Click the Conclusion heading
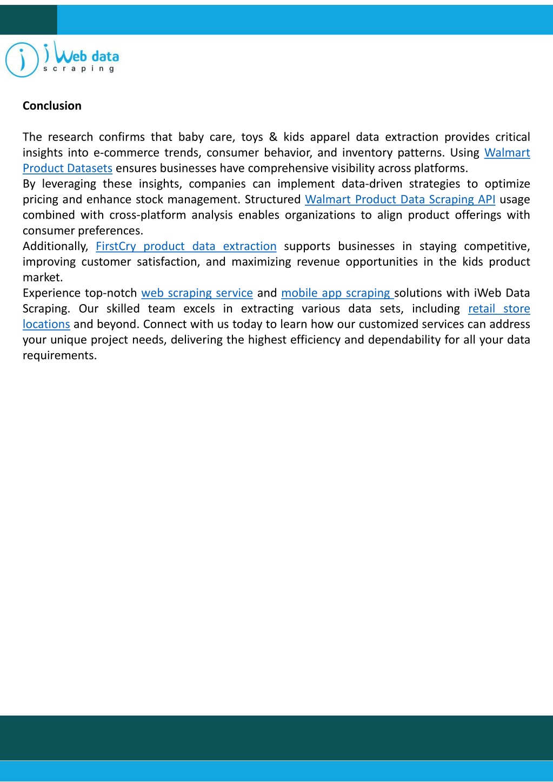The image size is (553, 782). (52, 106)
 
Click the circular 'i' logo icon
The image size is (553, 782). (22, 60)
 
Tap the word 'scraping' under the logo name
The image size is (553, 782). (79, 69)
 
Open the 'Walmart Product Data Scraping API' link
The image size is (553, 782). (400, 199)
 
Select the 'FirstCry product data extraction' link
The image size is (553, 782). (186, 246)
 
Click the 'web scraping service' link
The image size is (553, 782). (197, 293)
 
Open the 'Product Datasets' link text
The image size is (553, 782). (68, 168)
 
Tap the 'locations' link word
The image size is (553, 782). (46, 325)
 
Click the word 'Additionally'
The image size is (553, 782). (55, 246)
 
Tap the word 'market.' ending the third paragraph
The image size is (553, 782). (43, 278)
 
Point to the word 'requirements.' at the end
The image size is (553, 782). (59, 355)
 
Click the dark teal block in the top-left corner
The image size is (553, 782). (28, 20)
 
